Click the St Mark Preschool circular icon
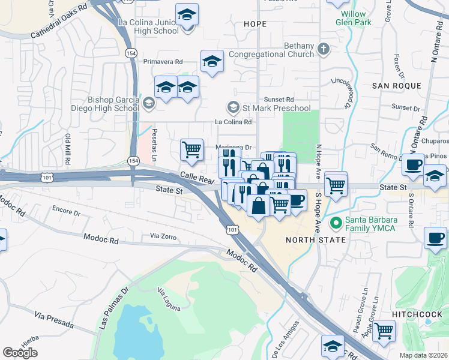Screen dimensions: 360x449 (233, 107)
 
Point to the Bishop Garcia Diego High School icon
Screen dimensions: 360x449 (148, 104)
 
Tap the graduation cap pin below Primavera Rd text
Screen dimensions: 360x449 (211, 62)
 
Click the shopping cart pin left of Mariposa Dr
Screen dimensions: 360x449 (191, 149)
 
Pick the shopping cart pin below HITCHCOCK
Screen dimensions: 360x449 (384, 330)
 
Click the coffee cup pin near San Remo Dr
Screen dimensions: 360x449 (412, 164)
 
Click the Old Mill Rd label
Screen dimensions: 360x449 (68, 149)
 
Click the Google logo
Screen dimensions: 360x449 (20, 353)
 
